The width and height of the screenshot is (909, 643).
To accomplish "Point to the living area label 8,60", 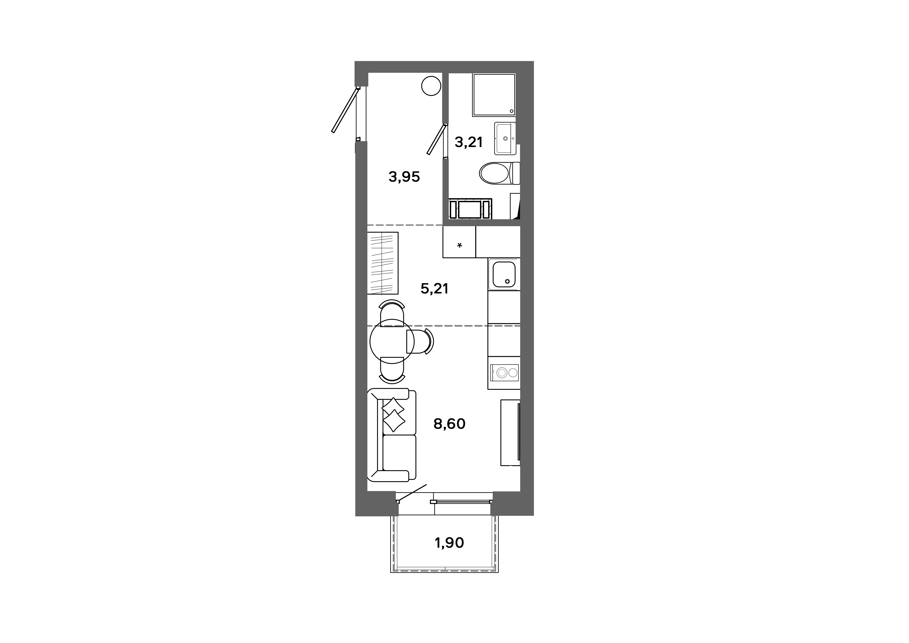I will (x=449, y=424).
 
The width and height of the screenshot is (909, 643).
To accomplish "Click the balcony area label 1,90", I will (x=449, y=543).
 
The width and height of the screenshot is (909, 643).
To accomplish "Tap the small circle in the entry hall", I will (x=431, y=86).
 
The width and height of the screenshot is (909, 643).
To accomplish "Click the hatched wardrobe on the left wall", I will (x=382, y=263).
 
